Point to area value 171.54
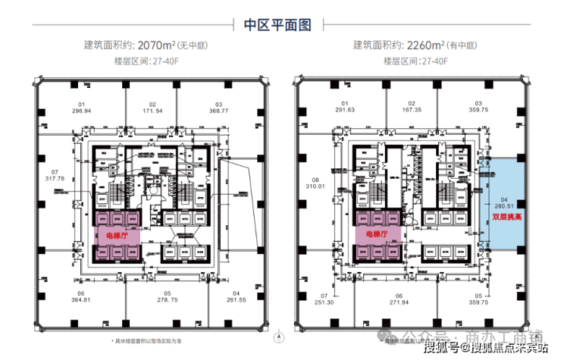(x=152, y=111)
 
